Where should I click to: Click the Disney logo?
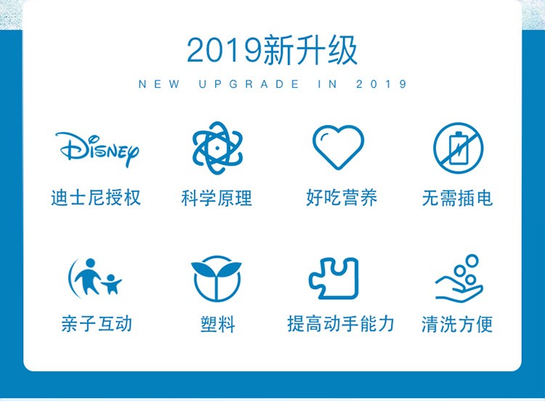click(x=97, y=149)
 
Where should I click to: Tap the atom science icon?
click(x=217, y=148)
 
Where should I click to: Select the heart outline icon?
click(x=338, y=147)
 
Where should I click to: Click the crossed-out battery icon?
click(x=458, y=147)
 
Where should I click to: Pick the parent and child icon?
click(x=94, y=278)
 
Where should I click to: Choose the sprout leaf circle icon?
click(x=217, y=279)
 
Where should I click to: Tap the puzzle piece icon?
click(x=334, y=278)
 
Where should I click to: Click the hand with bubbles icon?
click(x=459, y=278)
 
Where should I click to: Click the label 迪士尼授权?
click(x=96, y=198)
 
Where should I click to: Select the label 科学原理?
click(x=217, y=198)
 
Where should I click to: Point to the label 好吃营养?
click(x=342, y=198)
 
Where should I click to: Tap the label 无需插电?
click(x=457, y=198)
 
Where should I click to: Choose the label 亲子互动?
click(x=97, y=324)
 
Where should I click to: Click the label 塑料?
click(x=217, y=324)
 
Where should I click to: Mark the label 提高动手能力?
click(x=341, y=324)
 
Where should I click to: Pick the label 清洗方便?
click(x=457, y=324)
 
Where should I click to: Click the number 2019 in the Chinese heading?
click(x=225, y=50)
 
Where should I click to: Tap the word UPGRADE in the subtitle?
click(x=249, y=84)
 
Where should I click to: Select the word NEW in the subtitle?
click(x=159, y=84)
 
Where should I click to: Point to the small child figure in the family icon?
click(x=112, y=283)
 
